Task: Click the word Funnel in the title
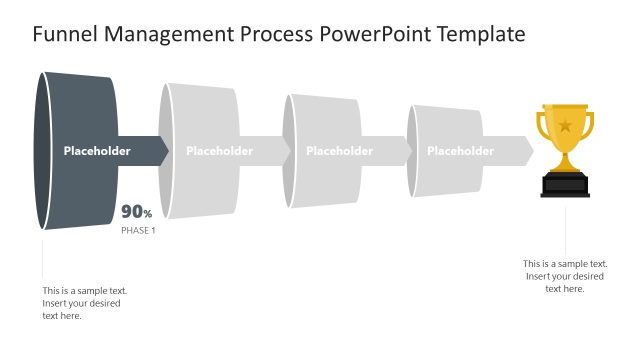pos(62,35)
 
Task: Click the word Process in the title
pos(274,35)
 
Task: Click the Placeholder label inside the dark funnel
pos(97,151)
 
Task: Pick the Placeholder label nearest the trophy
pos(460,151)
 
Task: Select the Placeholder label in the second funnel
pos(219,151)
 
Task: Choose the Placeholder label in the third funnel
pos(339,151)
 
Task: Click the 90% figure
pos(137,212)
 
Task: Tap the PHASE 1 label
pos(139,230)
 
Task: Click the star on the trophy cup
pos(565,126)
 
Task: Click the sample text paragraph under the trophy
pos(565,276)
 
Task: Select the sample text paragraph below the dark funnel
pos(84,303)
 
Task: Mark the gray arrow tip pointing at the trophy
pos(527,151)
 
